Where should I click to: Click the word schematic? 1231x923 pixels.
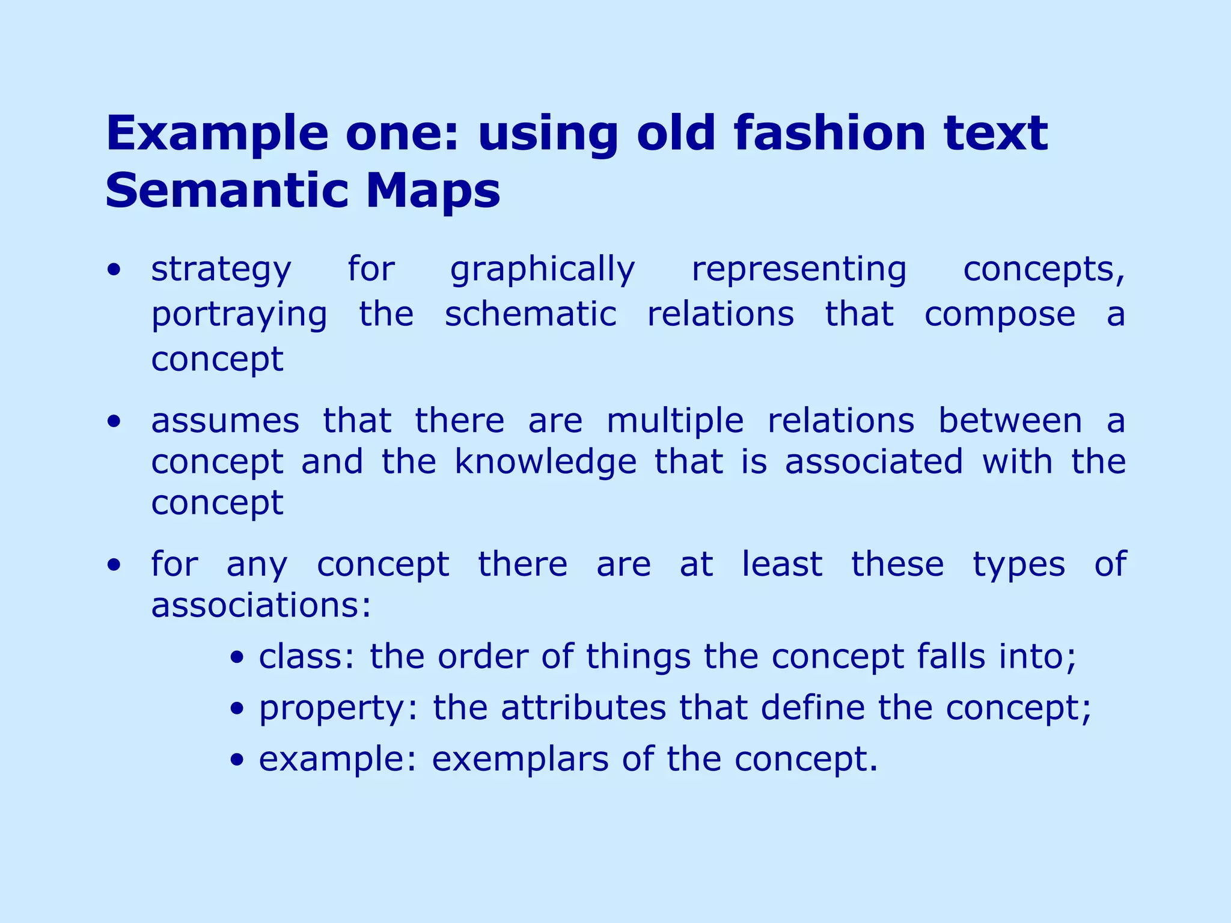(x=530, y=314)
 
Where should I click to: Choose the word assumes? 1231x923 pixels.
(x=225, y=421)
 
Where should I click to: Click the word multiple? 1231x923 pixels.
(x=675, y=420)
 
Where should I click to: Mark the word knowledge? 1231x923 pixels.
(x=545, y=463)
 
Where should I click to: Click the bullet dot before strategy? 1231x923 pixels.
(x=114, y=270)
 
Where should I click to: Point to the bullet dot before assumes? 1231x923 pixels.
(x=114, y=422)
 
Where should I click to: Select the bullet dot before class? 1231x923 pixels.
(x=238, y=657)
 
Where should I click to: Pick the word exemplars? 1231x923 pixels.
(x=520, y=760)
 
